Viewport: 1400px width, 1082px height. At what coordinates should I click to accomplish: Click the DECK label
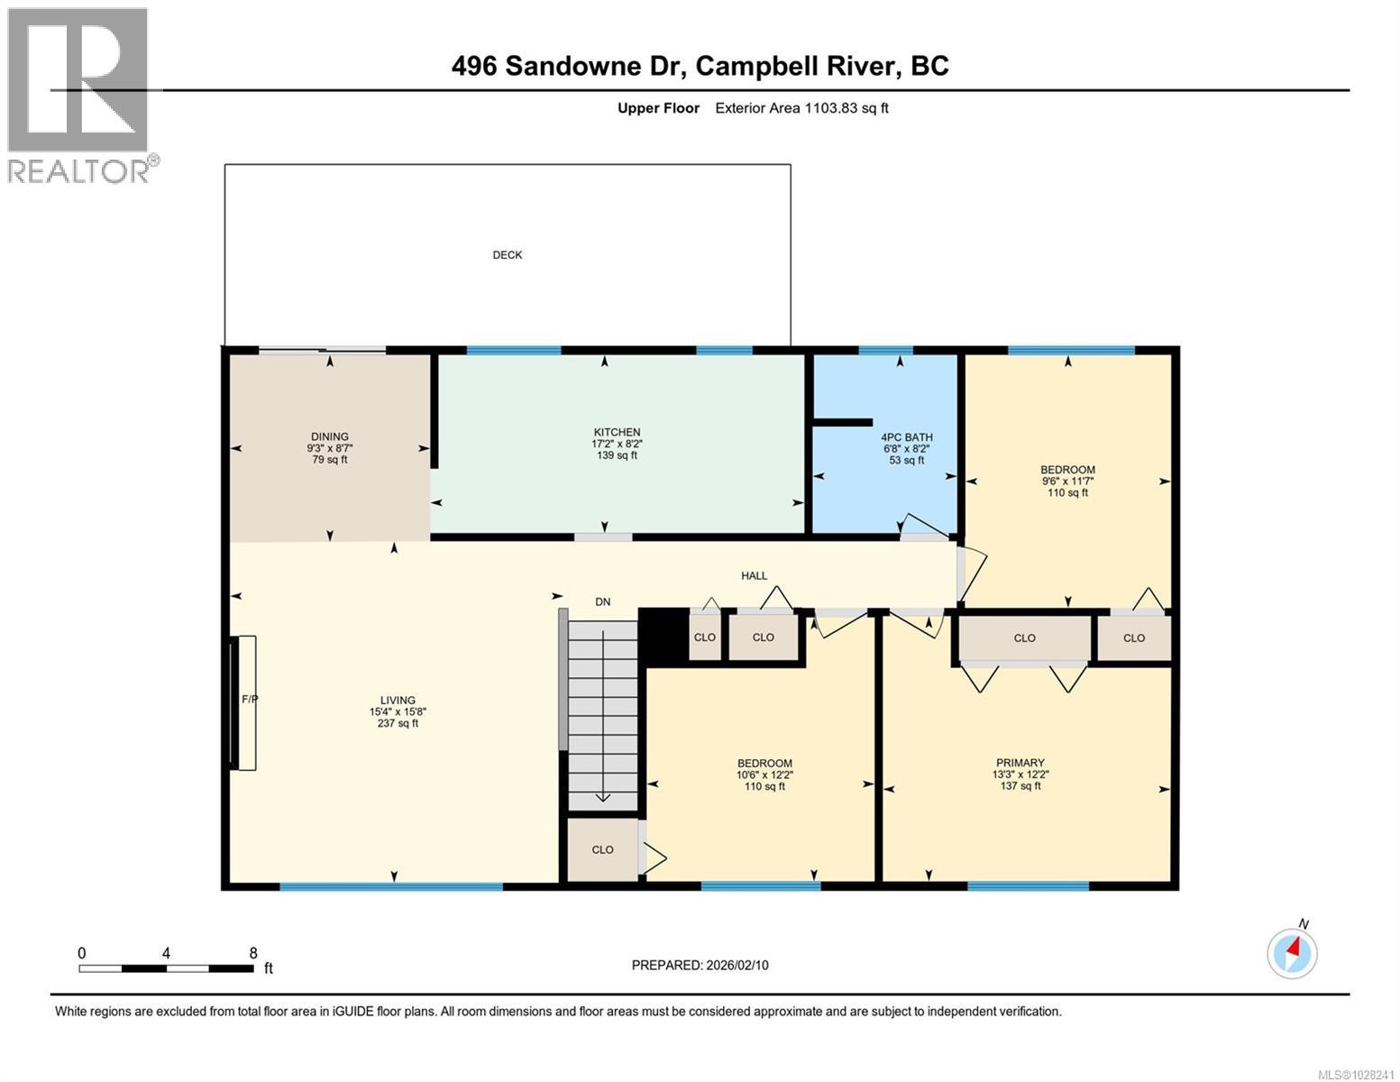[508, 255]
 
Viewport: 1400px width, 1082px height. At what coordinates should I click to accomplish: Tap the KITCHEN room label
[617, 433]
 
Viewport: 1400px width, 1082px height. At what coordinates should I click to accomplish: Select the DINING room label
[330, 437]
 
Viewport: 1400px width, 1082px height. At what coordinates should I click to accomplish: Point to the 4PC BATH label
[907, 438]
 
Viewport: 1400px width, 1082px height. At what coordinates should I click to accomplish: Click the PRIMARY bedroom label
[1020, 763]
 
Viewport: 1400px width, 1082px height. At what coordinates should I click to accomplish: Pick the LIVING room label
[398, 701]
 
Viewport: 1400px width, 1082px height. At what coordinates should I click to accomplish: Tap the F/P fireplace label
[250, 699]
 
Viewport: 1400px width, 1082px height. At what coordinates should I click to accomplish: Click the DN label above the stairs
[603, 602]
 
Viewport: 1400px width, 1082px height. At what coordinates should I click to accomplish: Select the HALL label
[755, 576]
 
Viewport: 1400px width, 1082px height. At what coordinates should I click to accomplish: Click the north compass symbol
[1293, 951]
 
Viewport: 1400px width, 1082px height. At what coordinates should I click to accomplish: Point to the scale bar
[166, 968]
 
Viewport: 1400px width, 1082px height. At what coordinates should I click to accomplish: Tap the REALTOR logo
[79, 95]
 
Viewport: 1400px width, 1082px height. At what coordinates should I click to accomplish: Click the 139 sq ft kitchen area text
[617, 455]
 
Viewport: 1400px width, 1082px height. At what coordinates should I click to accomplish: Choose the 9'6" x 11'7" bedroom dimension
[1068, 481]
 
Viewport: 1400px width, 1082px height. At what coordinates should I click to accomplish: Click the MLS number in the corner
[1356, 1074]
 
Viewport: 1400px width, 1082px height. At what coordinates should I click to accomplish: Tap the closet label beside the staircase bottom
[603, 849]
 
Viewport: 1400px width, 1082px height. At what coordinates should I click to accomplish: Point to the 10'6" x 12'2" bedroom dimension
[764, 775]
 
